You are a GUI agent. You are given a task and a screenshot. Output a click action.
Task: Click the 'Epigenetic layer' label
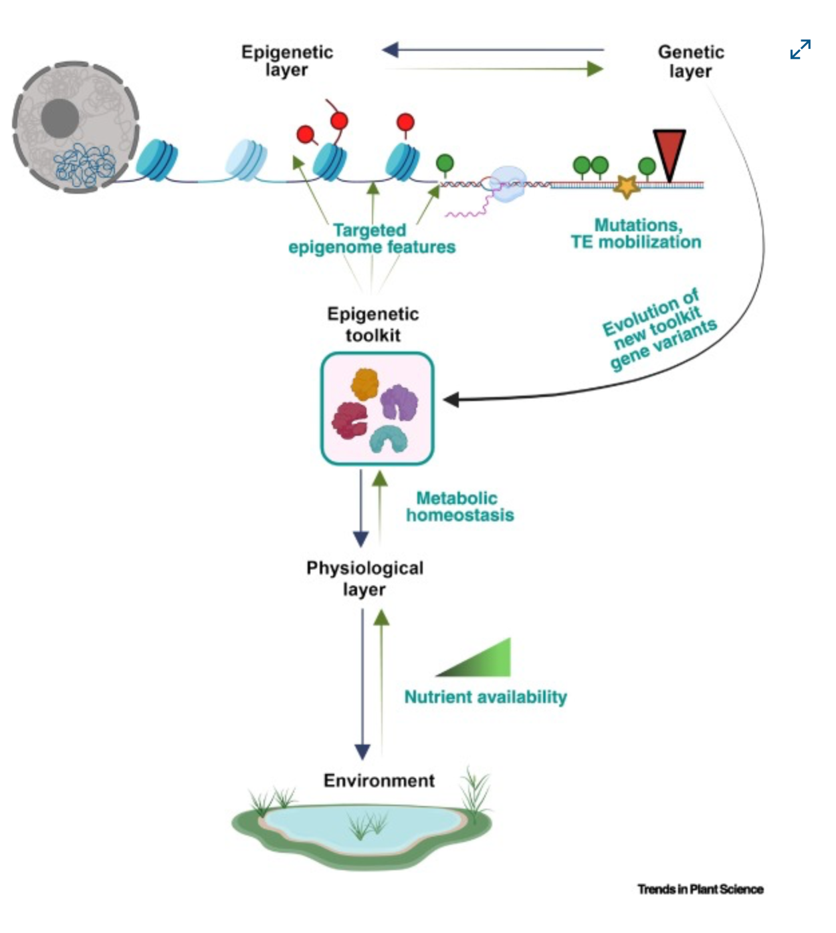(x=287, y=61)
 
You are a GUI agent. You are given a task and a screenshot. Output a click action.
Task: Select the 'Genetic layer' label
(x=690, y=61)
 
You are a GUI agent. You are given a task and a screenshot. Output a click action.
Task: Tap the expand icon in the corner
(x=800, y=49)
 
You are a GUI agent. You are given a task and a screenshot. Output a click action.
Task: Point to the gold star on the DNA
(x=627, y=186)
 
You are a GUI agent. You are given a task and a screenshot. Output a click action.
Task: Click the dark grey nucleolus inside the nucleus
(x=60, y=118)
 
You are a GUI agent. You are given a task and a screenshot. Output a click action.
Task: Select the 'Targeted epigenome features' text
(x=372, y=239)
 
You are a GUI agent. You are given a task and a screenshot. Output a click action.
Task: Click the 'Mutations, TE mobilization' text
(x=635, y=233)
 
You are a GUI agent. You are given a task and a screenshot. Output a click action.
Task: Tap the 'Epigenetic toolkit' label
(x=373, y=324)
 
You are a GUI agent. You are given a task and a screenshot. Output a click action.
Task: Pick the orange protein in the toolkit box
(x=365, y=384)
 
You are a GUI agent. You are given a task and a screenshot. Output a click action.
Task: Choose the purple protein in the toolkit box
(x=399, y=402)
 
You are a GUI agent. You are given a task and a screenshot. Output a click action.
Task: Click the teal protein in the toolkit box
(x=389, y=439)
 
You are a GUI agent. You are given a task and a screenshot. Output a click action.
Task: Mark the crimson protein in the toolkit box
(x=349, y=420)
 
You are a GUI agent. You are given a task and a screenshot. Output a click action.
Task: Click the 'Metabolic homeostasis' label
(x=459, y=506)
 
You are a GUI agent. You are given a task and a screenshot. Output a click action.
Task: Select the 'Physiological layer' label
(x=364, y=578)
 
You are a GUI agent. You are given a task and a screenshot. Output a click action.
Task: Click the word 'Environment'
(x=379, y=781)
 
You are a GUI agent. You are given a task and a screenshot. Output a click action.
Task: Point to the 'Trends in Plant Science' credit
(x=700, y=889)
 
